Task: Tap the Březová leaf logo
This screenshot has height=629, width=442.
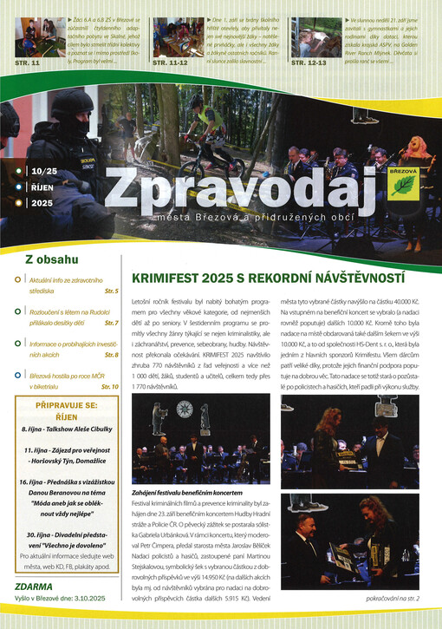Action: (404, 183)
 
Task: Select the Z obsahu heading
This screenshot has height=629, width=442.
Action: (52, 259)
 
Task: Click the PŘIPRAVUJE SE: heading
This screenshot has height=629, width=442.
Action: (71, 405)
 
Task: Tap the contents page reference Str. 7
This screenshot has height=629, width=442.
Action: (111, 323)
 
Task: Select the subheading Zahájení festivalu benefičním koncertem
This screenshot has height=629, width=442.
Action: (192, 491)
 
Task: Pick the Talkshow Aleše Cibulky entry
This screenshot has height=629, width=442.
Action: (69, 428)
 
